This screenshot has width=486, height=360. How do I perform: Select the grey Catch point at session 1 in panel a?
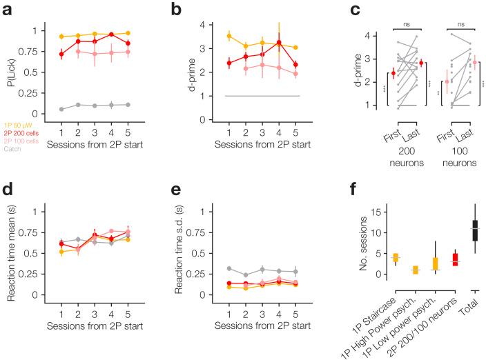point(62,109)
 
